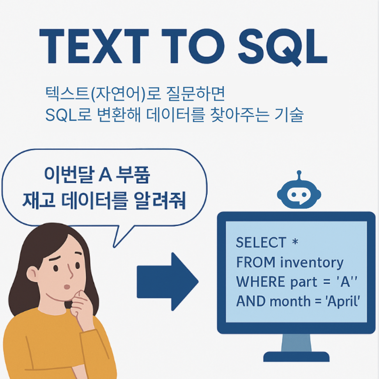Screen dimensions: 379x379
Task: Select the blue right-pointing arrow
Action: point(167,281)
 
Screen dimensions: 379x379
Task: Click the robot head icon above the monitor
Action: point(299,194)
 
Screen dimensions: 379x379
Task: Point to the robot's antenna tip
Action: point(299,172)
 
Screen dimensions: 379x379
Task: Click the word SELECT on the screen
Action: point(261,243)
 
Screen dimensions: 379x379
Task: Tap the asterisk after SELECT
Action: point(295,242)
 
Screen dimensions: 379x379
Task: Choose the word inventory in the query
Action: point(312,262)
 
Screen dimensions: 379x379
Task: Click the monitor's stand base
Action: point(296,356)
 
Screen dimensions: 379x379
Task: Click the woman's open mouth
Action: point(67,287)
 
